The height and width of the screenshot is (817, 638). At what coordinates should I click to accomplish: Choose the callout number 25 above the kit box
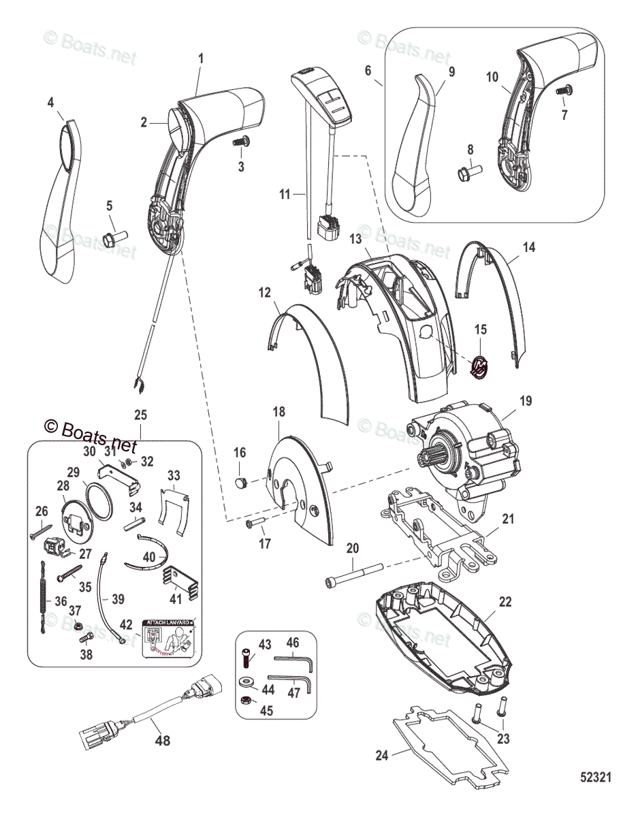[141, 414]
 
